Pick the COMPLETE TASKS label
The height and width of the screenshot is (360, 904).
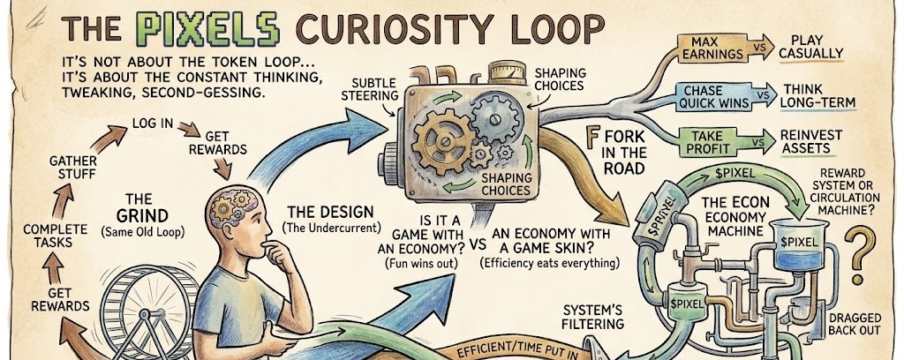(x=55, y=236)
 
